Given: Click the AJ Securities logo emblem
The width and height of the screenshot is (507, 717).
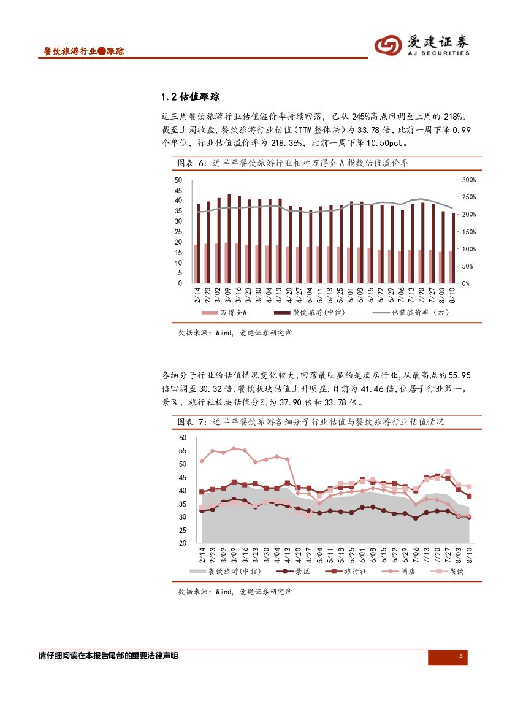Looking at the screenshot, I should (387, 45).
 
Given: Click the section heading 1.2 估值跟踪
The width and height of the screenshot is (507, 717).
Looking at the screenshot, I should (189, 97).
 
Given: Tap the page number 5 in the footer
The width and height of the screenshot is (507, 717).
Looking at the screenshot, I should (461, 656).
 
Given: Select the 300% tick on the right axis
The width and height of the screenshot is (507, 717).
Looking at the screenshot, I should (469, 180).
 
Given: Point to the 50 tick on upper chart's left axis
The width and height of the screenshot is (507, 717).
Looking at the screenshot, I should (178, 180).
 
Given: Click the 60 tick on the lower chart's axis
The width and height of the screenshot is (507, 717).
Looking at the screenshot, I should (183, 438).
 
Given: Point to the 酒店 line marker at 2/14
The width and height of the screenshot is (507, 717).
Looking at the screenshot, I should (202, 461).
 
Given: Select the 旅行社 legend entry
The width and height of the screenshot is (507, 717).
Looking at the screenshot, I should (354, 571).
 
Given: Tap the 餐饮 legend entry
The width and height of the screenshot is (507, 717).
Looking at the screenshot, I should (457, 571).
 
